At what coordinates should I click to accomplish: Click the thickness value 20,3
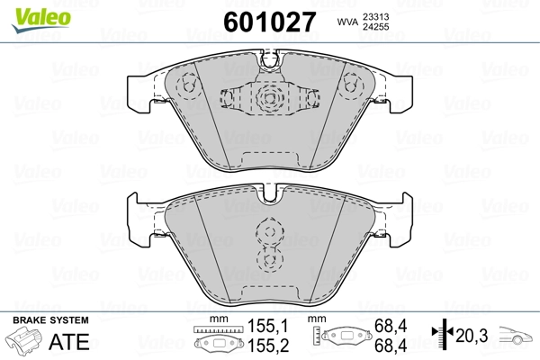[x=471, y=336]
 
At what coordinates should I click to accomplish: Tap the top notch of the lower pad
[x=270, y=192]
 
